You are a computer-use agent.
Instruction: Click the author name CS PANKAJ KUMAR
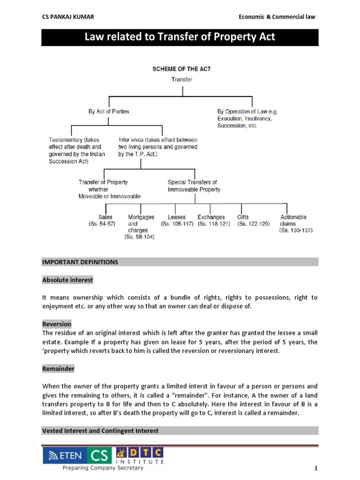point(68,17)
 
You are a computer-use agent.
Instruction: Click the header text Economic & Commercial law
point(277,17)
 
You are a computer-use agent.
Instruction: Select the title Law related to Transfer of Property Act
point(180,37)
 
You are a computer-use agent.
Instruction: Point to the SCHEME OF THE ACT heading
point(181,69)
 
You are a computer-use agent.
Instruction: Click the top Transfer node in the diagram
point(181,80)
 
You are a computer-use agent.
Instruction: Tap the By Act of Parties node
point(109,112)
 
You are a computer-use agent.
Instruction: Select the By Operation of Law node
point(247,119)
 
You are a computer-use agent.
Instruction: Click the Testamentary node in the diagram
point(77,150)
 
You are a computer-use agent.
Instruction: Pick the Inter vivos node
point(157,147)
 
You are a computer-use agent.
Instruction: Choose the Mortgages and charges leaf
point(141,227)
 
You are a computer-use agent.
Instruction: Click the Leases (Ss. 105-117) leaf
point(177,221)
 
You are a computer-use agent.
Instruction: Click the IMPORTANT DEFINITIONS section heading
point(80,262)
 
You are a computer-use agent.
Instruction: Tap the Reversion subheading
point(57,324)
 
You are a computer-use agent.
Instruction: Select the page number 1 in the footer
point(316,468)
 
